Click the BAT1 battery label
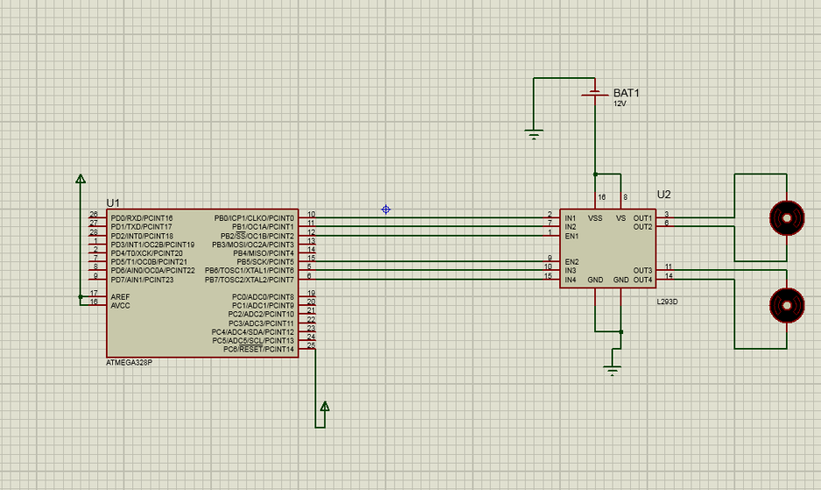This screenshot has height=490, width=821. coord(626,93)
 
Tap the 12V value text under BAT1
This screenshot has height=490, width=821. coord(619,103)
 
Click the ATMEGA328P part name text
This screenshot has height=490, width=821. coord(129,362)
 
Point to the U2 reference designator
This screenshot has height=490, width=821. coord(663,195)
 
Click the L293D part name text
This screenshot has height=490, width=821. coord(667,302)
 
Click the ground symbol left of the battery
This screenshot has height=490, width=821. coord(534,134)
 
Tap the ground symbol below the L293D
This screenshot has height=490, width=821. coord(612,369)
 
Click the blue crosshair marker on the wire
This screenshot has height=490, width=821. coord(386,209)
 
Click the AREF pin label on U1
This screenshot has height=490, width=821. coord(120,296)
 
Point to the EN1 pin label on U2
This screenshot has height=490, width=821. coord(571,236)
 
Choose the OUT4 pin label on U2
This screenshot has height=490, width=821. coord(642,280)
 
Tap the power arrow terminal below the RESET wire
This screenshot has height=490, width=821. coord(324,407)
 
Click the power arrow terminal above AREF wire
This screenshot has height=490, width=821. coord(81,179)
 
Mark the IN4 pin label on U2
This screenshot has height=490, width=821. coord(570,280)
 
